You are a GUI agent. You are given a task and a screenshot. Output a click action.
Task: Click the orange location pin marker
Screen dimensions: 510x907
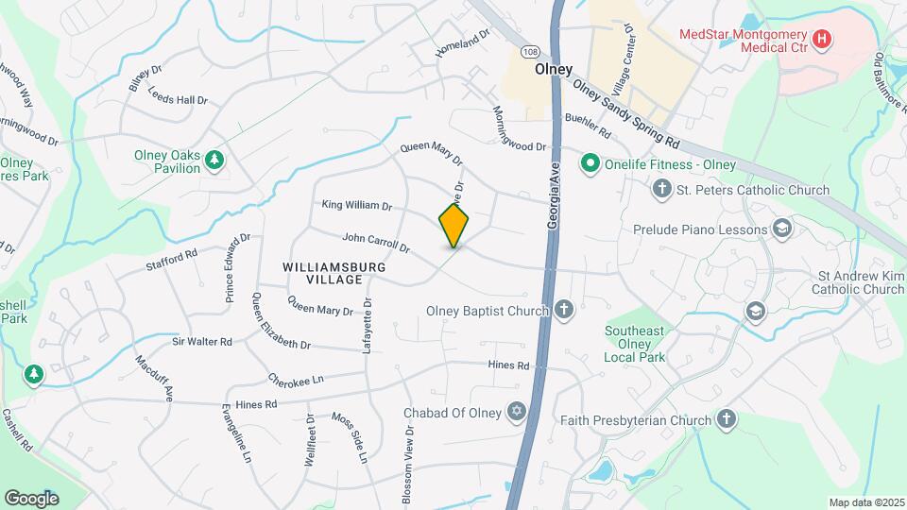coord(453,226)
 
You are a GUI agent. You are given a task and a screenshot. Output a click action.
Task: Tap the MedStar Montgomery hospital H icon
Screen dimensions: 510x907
coord(822,40)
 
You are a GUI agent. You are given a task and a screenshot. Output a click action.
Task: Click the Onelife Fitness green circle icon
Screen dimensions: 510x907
coord(591,164)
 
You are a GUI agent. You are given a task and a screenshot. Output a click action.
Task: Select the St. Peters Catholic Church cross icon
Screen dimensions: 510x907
coord(661,190)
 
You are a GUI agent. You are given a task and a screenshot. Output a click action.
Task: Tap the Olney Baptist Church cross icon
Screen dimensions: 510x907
coord(564,311)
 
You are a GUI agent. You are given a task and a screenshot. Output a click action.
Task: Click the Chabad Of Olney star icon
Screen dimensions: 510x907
coord(516,412)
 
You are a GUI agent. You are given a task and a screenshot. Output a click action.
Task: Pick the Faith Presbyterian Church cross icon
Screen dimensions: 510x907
coord(727,419)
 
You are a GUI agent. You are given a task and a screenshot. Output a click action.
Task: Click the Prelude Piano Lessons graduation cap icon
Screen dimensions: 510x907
coord(782,229)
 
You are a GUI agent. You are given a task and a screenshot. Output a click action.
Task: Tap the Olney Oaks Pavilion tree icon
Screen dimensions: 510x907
coord(215,161)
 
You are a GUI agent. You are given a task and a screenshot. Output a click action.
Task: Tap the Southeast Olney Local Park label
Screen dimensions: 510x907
coord(635,344)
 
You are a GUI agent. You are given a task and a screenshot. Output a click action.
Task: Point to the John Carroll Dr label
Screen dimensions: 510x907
coord(375,244)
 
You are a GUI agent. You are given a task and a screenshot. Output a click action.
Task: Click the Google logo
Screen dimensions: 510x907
coord(31,499)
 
